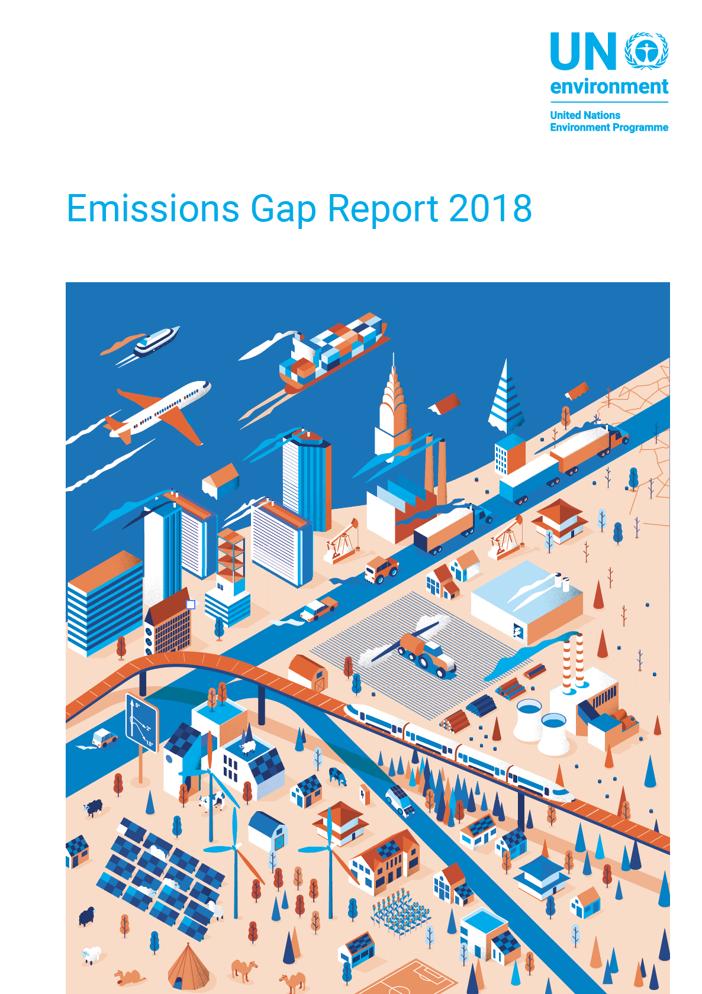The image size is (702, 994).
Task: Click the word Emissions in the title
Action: [x=153, y=208]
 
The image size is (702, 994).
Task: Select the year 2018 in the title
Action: [x=490, y=208]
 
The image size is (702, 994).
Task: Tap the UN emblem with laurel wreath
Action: [x=646, y=51]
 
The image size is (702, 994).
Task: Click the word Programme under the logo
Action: [x=641, y=128]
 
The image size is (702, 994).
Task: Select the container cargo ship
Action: [x=334, y=353]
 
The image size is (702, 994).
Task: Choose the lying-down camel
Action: [x=129, y=977]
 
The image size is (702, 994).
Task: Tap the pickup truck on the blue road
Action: [x=319, y=608]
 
